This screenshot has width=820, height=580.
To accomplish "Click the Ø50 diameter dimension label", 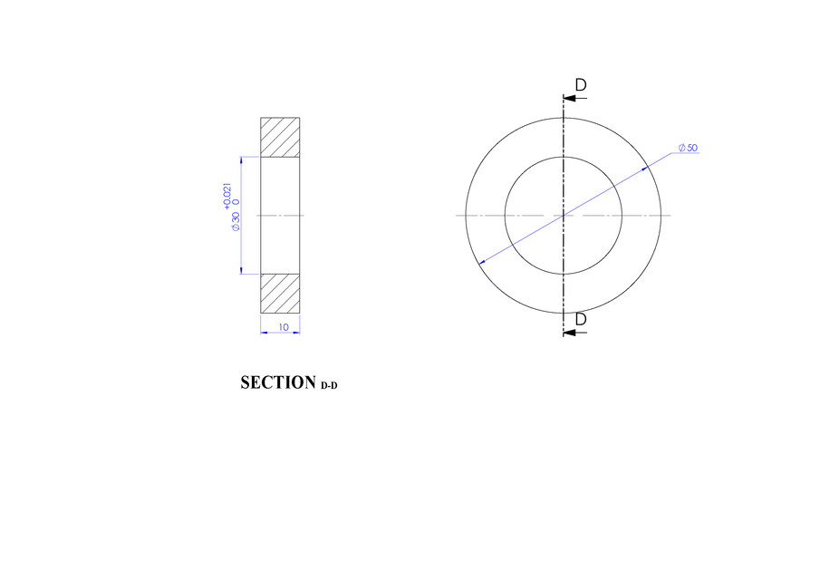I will [x=687, y=148].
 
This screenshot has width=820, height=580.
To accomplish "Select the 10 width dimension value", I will [x=284, y=326].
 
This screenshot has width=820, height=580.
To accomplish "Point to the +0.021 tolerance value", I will [x=227, y=197].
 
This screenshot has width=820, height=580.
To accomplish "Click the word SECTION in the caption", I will [x=277, y=383].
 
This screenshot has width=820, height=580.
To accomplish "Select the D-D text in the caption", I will [x=329, y=386].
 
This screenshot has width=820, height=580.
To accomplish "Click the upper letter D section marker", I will [x=580, y=84].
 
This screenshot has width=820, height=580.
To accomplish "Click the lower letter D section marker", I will [x=580, y=319].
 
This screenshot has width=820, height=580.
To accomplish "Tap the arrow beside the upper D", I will [x=571, y=97].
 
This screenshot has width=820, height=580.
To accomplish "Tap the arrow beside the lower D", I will [x=571, y=333].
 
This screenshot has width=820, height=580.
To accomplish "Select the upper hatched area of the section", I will [x=280, y=137].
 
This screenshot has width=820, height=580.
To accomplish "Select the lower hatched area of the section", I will [x=280, y=294].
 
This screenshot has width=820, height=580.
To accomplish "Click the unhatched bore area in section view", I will [x=280, y=215].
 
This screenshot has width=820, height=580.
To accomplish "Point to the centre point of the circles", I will [x=564, y=216].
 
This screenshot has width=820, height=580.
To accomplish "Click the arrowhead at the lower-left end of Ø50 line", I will [x=481, y=263].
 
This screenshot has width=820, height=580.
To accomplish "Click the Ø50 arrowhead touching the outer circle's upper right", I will [x=646, y=169].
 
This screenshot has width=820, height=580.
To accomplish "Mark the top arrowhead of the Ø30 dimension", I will [x=241, y=161].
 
